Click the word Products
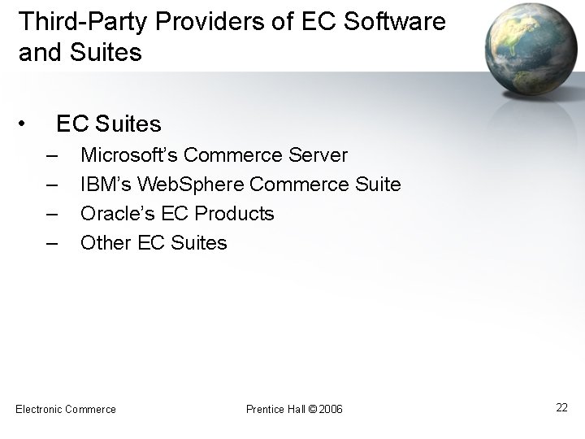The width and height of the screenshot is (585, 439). (x=235, y=214)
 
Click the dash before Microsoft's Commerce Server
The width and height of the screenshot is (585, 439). (x=53, y=154)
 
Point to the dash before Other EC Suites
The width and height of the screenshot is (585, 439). (x=53, y=243)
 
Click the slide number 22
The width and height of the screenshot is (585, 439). (x=561, y=407)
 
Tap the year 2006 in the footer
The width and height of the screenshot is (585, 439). (x=331, y=409)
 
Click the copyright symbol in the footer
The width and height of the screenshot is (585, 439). (x=313, y=409)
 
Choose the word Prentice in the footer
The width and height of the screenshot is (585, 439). (x=265, y=409)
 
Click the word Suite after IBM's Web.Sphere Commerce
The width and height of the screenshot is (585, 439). (x=379, y=185)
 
